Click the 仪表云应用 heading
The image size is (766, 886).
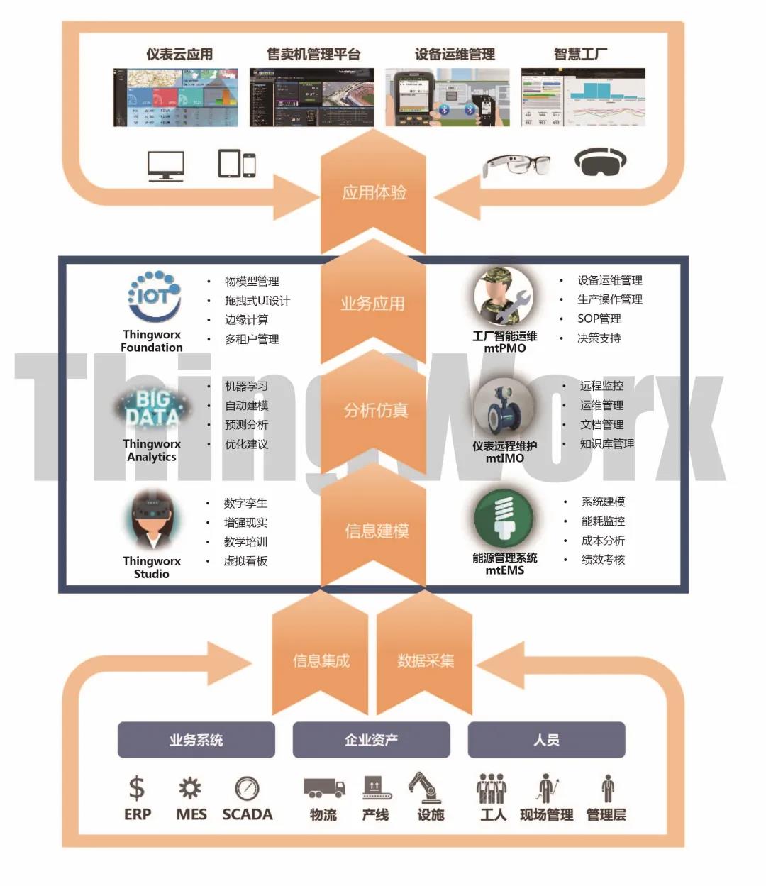click(x=179, y=54)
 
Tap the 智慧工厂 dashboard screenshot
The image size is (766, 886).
click(x=583, y=97)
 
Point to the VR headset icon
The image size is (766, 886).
click(x=600, y=162)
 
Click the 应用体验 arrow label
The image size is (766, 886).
click(x=374, y=192)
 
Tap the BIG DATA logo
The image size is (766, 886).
click(x=151, y=409)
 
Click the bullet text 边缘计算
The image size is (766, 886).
click(x=247, y=320)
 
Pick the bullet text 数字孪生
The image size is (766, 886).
click(x=245, y=503)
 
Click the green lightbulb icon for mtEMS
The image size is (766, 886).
click(x=504, y=519)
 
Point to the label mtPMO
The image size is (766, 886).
click(x=505, y=348)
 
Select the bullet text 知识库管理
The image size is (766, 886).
click(x=607, y=444)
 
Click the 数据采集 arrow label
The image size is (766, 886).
click(x=426, y=660)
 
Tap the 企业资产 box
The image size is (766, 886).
click(x=371, y=740)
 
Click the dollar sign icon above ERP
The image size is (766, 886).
click(x=136, y=788)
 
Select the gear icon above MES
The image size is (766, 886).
click(x=190, y=788)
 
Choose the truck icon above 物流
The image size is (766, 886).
click(x=324, y=787)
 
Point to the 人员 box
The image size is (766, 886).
click(x=546, y=740)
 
